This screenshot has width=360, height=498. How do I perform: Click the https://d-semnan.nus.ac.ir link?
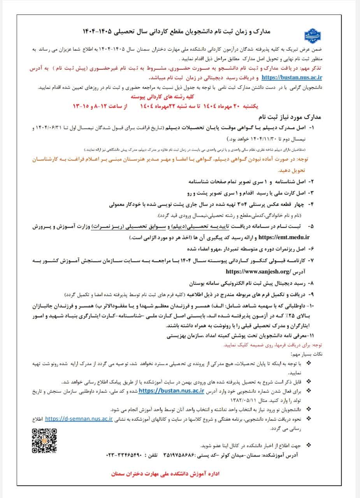tap(79, 419)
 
